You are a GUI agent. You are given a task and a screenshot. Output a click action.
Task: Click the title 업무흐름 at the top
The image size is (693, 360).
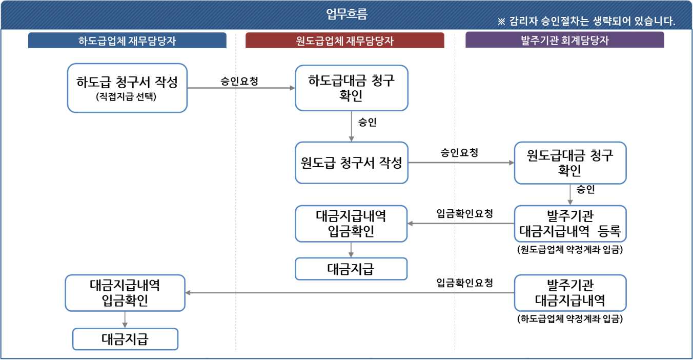coord(346,14)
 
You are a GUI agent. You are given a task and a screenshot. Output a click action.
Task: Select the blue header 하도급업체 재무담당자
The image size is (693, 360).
coord(127,41)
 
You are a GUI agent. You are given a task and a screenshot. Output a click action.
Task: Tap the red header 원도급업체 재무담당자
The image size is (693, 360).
coord(345,41)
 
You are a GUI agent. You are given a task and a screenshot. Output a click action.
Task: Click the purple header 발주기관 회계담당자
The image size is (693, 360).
coord(564,40)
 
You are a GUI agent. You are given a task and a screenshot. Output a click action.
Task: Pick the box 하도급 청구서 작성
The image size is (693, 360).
coord(127,88)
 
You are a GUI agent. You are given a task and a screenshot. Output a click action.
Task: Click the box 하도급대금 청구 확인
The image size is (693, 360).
coord(351,88)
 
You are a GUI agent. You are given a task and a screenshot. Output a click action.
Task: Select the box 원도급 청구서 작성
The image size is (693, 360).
coord(351,163)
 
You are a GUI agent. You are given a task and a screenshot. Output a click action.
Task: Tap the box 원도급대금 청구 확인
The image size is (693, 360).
coord(570,163)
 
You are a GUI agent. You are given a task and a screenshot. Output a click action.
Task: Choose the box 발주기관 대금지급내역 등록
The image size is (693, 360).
coord(570,223)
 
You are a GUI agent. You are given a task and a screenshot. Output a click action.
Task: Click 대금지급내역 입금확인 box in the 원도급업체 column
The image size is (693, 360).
coord(351,223)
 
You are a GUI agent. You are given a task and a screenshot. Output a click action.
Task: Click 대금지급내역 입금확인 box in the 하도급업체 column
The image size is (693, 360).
coord(125,292)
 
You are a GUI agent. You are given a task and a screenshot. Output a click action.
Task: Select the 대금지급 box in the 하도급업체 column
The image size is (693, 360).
coord(125,339)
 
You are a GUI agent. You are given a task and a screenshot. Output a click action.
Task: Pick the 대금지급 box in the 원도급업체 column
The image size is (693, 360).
coord(351,269)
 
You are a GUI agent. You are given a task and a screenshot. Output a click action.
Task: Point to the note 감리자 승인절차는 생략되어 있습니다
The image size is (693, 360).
coord(586,22)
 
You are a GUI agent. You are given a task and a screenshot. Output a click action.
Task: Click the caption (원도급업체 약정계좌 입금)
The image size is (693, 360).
coord(570,250)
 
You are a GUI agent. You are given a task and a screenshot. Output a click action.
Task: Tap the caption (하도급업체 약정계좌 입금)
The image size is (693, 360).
coord(570,319)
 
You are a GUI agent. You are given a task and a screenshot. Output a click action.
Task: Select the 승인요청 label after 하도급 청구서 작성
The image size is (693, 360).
coord(239,81)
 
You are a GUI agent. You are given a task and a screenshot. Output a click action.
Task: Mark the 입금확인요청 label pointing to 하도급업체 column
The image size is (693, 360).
coord(464,283)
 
